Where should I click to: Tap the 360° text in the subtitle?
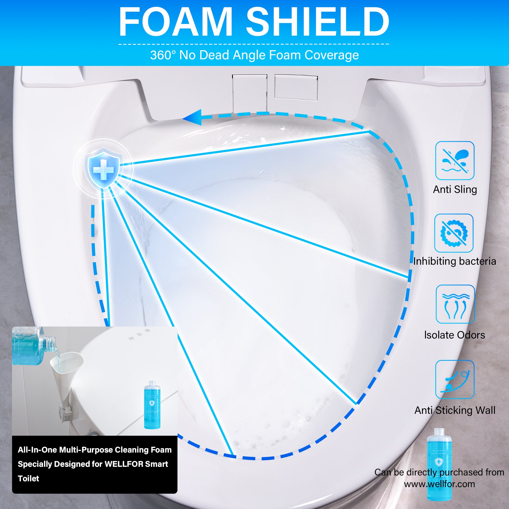click(x=163, y=55)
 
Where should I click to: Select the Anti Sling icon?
click(x=455, y=161)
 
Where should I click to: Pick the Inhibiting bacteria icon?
click(x=454, y=233)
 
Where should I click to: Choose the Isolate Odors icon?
click(x=455, y=304)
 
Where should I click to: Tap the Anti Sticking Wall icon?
click(x=455, y=380)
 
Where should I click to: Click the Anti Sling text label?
click(x=455, y=189)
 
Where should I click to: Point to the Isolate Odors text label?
click(x=455, y=335)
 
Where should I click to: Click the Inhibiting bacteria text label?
click(x=455, y=261)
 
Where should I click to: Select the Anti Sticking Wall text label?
click(x=455, y=410)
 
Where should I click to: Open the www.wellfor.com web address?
click(x=440, y=484)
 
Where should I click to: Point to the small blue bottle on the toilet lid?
click(x=152, y=404)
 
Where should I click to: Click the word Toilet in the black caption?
click(x=29, y=478)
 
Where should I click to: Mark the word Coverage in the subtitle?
click(x=332, y=55)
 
